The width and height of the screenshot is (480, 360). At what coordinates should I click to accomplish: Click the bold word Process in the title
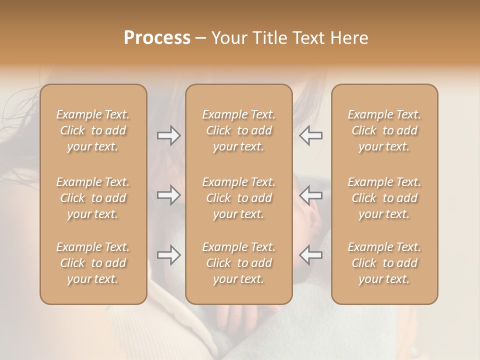pyautogui.click(x=157, y=38)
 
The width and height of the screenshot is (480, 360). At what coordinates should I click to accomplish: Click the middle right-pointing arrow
pyautogui.click(x=169, y=195)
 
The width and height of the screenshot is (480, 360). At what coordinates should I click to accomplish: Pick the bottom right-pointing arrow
pyautogui.click(x=169, y=255)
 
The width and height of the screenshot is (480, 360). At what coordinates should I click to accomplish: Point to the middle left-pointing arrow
pyautogui.click(x=311, y=195)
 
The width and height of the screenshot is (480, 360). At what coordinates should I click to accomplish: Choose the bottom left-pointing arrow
pyautogui.click(x=311, y=255)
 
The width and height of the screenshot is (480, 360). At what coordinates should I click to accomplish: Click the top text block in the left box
pyautogui.click(x=93, y=130)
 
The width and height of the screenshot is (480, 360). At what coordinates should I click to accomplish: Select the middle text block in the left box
pyautogui.click(x=93, y=198)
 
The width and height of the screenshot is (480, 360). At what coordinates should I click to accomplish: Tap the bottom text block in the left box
pyautogui.click(x=93, y=263)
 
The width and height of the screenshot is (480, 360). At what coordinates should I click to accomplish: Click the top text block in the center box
pyautogui.click(x=239, y=130)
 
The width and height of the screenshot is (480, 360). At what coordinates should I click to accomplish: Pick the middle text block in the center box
pyautogui.click(x=239, y=198)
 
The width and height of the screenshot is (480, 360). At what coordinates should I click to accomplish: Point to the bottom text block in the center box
pyautogui.click(x=239, y=263)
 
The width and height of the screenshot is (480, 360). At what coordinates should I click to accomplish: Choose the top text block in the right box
pyautogui.click(x=384, y=130)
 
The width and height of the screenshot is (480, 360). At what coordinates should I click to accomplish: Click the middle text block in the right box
pyautogui.click(x=384, y=198)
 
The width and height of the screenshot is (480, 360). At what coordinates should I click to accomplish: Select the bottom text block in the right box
pyautogui.click(x=384, y=263)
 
